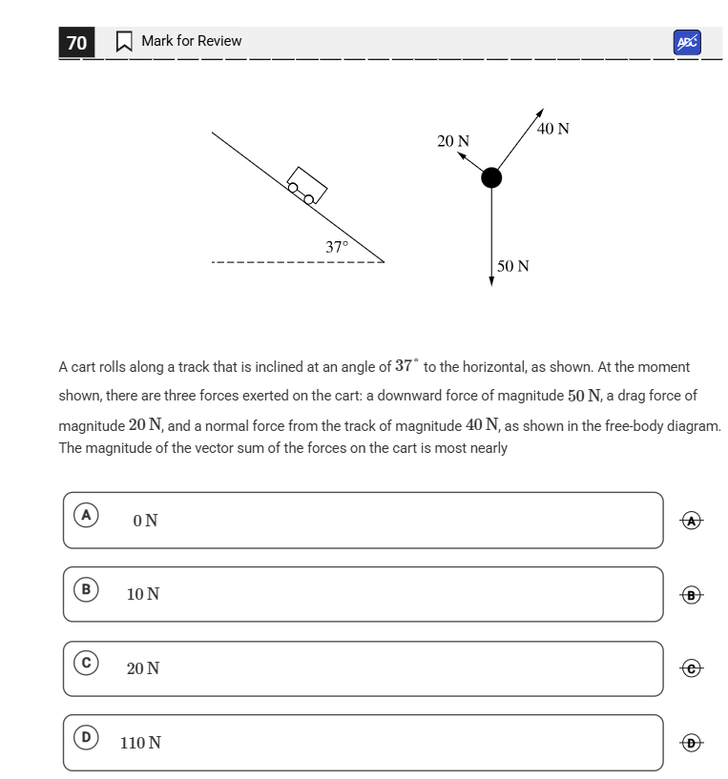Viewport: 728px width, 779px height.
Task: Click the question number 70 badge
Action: point(76,42)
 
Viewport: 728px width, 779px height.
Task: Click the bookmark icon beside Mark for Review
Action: point(124,42)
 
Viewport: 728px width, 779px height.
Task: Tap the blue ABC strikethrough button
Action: point(687,42)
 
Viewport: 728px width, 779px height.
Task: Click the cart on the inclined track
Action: point(306,185)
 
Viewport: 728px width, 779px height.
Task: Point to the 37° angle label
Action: point(337,247)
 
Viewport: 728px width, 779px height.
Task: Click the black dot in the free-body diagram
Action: point(490,177)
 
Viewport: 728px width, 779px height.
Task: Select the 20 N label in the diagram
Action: point(453,141)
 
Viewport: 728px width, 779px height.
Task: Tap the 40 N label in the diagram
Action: point(552,129)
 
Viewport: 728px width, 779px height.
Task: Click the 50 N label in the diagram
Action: point(513,266)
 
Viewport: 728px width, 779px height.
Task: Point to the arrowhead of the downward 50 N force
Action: point(491,280)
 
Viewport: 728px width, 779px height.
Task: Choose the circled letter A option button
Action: point(86,515)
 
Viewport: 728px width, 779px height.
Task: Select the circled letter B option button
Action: point(86,589)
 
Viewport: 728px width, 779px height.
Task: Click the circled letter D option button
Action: point(86,736)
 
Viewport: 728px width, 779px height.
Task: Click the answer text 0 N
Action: point(146,521)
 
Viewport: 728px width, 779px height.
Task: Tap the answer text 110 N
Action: point(140,743)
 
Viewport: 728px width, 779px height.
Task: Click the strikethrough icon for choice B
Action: point(693,595)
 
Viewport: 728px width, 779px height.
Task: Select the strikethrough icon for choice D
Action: point(693,743)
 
